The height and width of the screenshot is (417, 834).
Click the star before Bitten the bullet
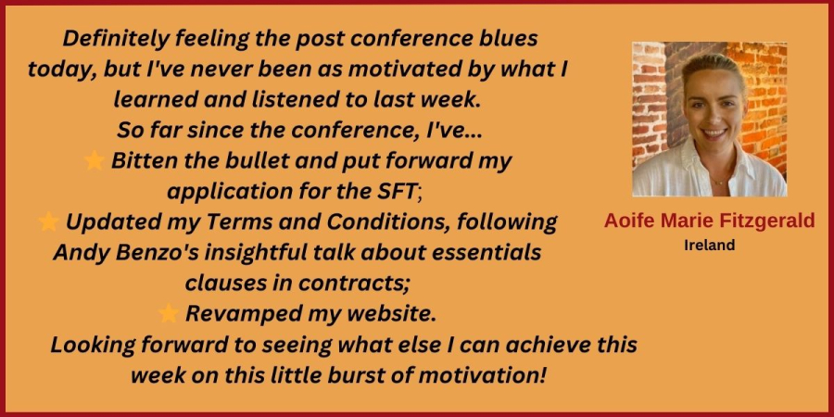[x=95, y=160]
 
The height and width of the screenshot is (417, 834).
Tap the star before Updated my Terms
[x=48, y=221]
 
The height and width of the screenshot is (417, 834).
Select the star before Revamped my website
[x=169, y=314]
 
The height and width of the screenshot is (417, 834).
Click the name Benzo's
[x=153, y=253]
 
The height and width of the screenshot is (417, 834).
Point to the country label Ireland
[x=710, y=246]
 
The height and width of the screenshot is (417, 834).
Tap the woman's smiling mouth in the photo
[x=714, y=133]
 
